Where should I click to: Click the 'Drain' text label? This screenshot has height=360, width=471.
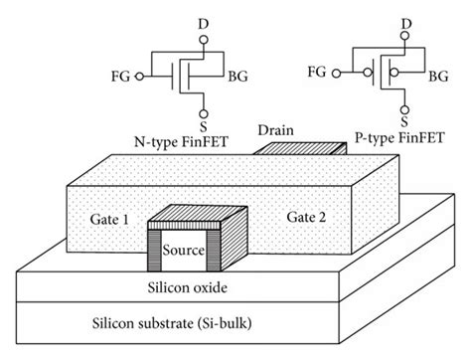tap(274, 130)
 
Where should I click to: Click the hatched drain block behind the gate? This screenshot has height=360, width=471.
tap(279, 149)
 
